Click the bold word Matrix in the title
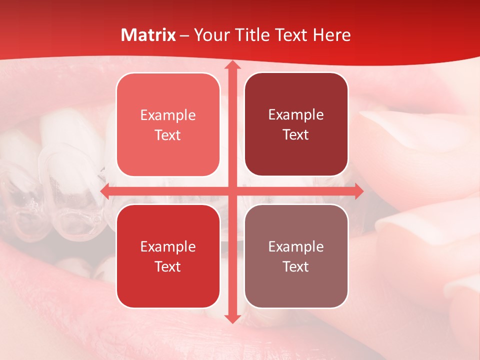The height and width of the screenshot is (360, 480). [x=148, y=35]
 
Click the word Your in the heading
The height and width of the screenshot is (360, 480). [x=210, y=35]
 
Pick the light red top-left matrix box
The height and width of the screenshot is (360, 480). [x=168, y=124]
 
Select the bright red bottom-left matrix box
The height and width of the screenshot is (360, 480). [x=168, y=256]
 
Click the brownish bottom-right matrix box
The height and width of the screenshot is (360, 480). [x=296, y=256]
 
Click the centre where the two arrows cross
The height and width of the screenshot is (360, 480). [x=231, y=191]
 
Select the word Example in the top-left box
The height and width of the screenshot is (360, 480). [x=168, y=115]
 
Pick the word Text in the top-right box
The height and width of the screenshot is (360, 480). [x=296, y=135]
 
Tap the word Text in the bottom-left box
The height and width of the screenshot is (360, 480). [x=168, y=266]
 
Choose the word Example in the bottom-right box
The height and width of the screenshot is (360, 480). [x=296, y=246]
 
